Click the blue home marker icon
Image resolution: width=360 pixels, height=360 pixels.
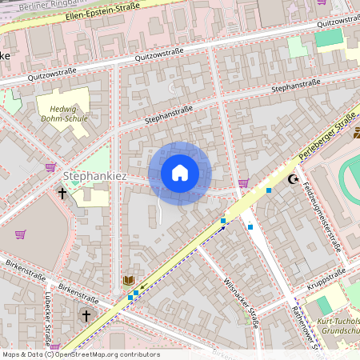point(180,173)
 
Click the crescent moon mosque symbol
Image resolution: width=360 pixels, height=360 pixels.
point(293,179)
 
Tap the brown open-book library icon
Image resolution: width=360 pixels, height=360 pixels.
point(128,280)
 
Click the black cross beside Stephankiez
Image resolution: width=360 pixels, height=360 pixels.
point(62,193)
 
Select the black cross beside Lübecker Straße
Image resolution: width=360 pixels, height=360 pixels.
point(86,316)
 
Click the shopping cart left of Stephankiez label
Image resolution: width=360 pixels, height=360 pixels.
point(51,167)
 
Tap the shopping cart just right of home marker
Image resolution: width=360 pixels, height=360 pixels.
point(242,182)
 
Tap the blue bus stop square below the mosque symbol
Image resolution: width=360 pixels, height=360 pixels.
point(270,190)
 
